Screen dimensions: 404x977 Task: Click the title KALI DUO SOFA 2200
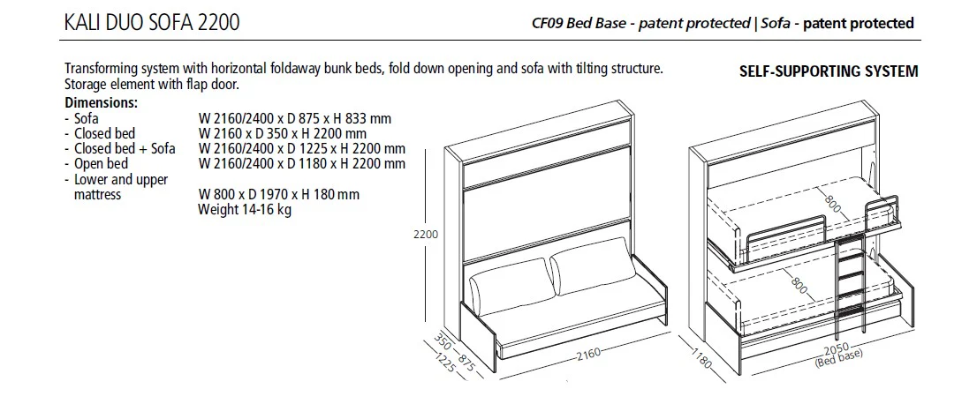coord(151,23)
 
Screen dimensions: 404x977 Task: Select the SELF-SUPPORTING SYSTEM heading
coord(828,71)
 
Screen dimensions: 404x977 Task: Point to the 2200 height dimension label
coord(426,236)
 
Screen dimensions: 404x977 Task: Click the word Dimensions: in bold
coord(101,102)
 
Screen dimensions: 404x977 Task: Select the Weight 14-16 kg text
coord(245,210)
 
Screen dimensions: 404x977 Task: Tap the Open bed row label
coord(101,163)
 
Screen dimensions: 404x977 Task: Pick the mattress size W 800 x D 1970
coord(279,194)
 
